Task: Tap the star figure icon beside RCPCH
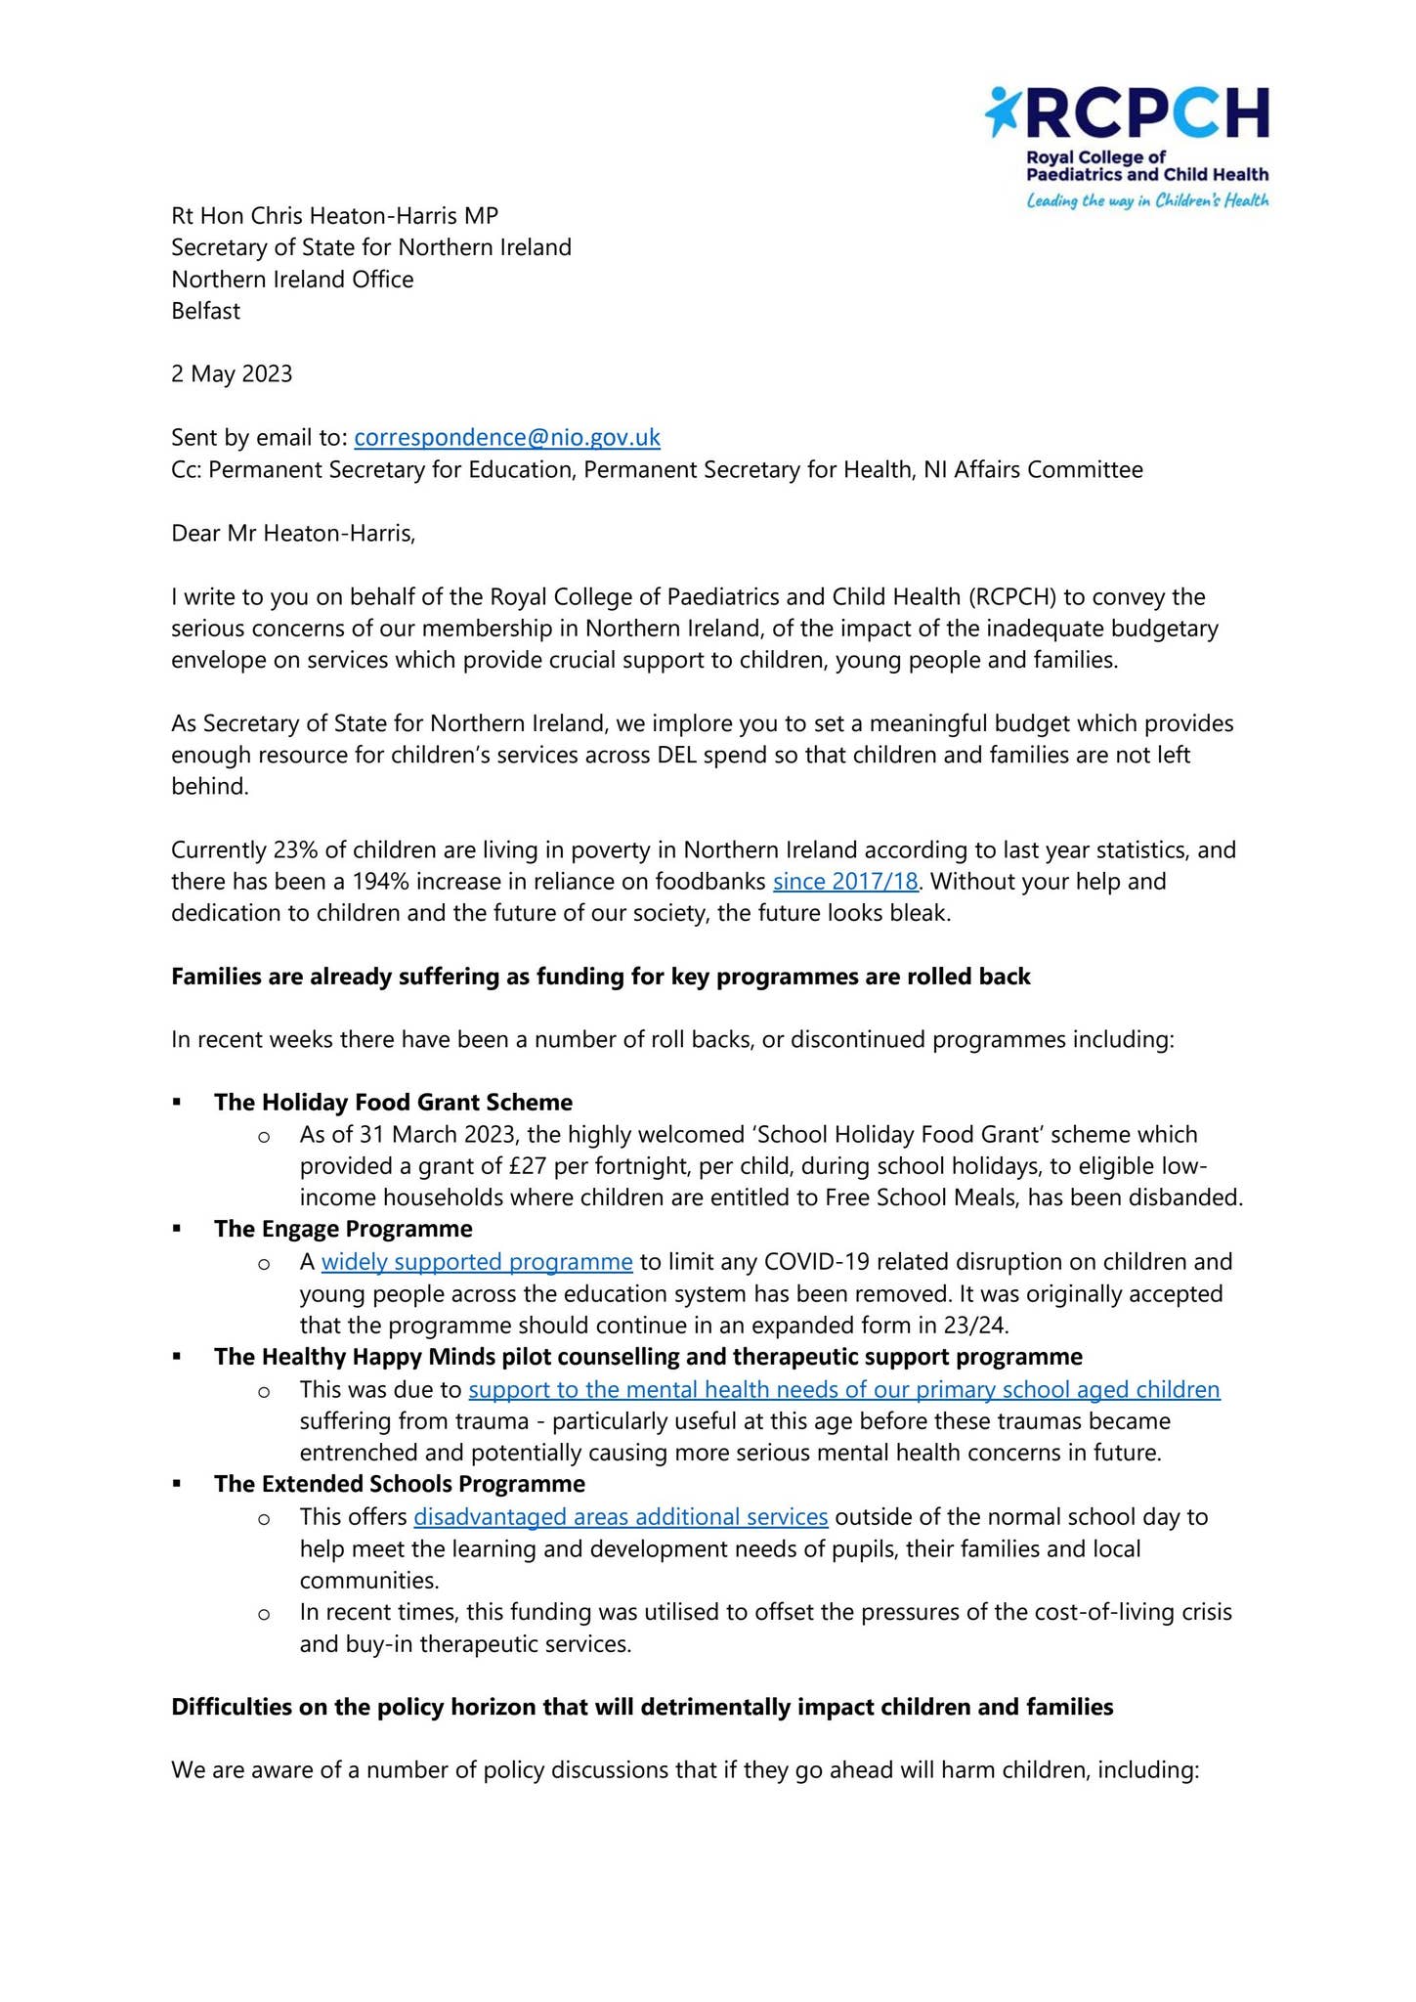(1002, 110)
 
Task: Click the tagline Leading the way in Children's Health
(1146, 201)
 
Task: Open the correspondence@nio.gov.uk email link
(506, 437)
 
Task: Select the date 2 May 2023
(232, 373)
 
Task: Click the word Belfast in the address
(205, 311)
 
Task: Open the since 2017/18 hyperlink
(845, 882)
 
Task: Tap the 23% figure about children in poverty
(295, 849)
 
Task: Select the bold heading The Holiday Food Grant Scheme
(393, 1102)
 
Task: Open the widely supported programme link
(477, 1261)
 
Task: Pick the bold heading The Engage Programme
(343, 1228)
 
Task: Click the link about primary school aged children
(844, 1389)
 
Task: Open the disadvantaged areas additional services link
(621, 1516)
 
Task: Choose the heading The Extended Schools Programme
(400, 1483)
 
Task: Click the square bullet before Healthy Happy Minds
(177, 1357)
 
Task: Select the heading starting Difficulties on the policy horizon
(642, 1707)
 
